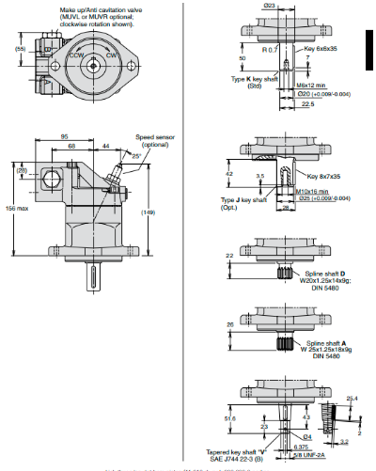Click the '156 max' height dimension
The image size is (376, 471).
(14, 208)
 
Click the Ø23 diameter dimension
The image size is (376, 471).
(269, 7)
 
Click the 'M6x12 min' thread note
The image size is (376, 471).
(311, 86)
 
